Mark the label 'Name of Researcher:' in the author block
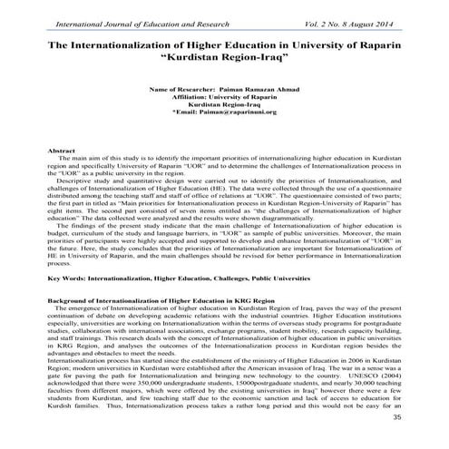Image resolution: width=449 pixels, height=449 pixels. click(x=181, y=92)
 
